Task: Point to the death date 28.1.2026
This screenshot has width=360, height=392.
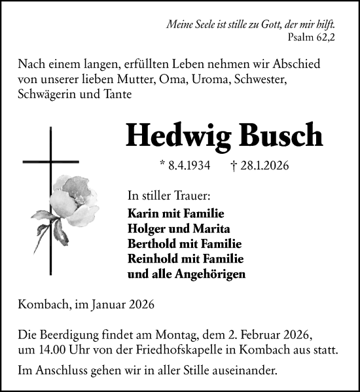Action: click(260, 166)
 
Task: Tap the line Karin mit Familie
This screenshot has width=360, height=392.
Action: click(176, 214)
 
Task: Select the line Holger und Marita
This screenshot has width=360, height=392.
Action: click(178, 229)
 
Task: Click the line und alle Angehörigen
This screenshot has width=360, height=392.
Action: click(187, 274)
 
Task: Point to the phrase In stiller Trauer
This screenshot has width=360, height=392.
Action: click(168, 196)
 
